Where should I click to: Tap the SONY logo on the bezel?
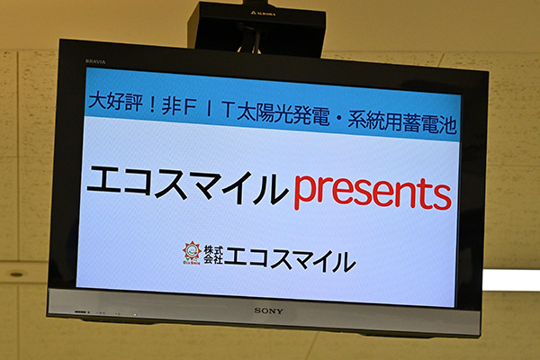pos(268,310)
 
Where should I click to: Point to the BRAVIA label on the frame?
pos(95,62)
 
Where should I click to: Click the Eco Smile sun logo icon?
pos(192,253)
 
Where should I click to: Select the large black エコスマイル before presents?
pos(188,184)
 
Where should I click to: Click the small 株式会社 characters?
pos(213,255)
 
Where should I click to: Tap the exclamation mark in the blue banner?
pos(151,104)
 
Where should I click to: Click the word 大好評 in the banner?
pos(115,101)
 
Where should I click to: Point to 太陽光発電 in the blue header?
pos(283,114)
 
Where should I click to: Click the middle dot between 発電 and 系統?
pos(338,118)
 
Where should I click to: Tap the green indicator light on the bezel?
pos(135,314)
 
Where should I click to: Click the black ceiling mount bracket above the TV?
pos(256,28)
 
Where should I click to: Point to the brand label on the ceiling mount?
pos(263,13)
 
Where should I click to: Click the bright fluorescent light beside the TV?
pos(511,280)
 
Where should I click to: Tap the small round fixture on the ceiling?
pos(16,274)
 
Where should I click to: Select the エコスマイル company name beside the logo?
pos(290,259)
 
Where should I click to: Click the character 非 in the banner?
pos(171,105)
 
